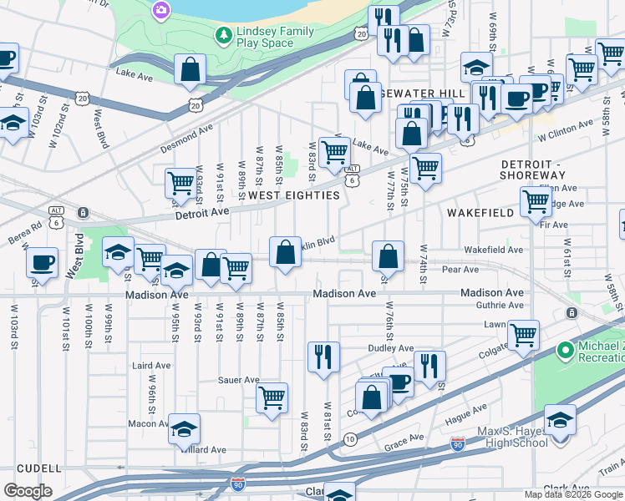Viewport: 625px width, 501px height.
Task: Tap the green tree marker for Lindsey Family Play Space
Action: pos(223,35)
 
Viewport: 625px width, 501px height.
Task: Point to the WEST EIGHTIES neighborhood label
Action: pos(294,195)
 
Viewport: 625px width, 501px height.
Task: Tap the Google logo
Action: pos(28,491)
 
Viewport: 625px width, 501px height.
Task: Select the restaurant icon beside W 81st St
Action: pos(323,357)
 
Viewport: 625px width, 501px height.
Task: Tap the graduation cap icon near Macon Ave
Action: pos(185,429)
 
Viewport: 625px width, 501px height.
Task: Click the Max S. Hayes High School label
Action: pos(512,436)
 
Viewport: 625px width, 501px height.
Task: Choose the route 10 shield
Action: pos(349,439)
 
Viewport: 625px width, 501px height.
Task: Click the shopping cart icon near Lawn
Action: pos(523,335)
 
